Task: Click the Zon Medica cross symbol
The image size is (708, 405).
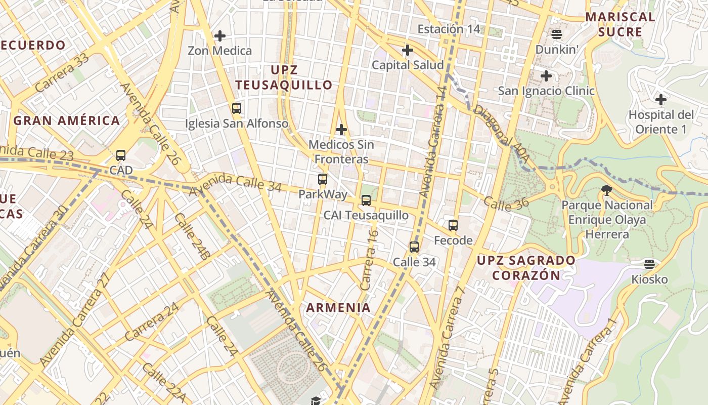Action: tap(220, 36)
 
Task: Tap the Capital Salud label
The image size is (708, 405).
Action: tap(408, 65)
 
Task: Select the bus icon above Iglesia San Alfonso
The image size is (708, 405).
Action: tap(236, 108)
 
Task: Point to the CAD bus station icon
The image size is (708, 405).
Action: tap(121, 155)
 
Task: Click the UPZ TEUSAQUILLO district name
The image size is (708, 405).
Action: tap(284, 77)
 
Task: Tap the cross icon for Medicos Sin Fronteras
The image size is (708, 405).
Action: tap(341, 130)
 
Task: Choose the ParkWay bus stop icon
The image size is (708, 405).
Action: tap(323, 179)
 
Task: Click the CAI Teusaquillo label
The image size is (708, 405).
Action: tap(366, 215)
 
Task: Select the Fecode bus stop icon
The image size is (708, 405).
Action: tap(453, 225)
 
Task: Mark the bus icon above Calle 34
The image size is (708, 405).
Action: tap(414, 247)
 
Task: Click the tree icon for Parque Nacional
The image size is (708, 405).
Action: tap(607, 190)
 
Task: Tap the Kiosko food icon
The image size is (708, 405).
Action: tap(650, 264)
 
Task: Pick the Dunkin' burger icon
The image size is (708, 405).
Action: tap(557, 34)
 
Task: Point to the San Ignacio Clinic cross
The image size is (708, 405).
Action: tap(546, 76)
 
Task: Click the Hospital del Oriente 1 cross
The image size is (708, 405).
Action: tap(660, 99)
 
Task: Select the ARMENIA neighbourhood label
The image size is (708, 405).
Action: tap(338, 307)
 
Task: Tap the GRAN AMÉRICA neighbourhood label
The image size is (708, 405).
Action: tap(67, 120)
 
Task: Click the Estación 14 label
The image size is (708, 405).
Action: tap(449, 29)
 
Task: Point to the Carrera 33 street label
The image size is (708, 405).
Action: tap(62, 72)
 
